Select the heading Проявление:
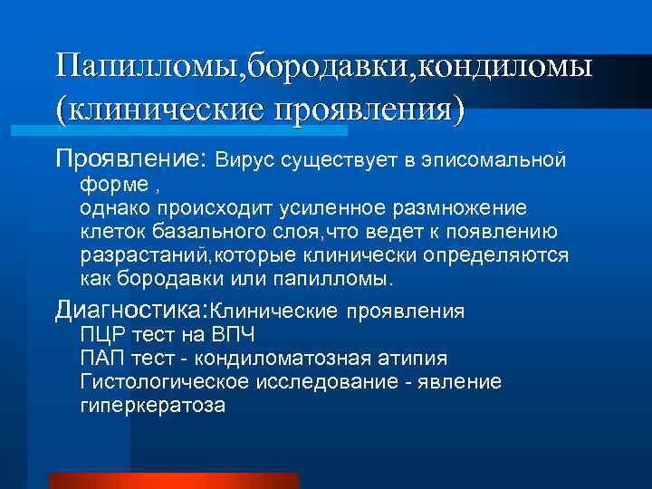[132, 159]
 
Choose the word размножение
[462, 208]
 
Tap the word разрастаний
[137, 255]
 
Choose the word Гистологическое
[164, 382]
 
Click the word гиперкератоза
[152, 406]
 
